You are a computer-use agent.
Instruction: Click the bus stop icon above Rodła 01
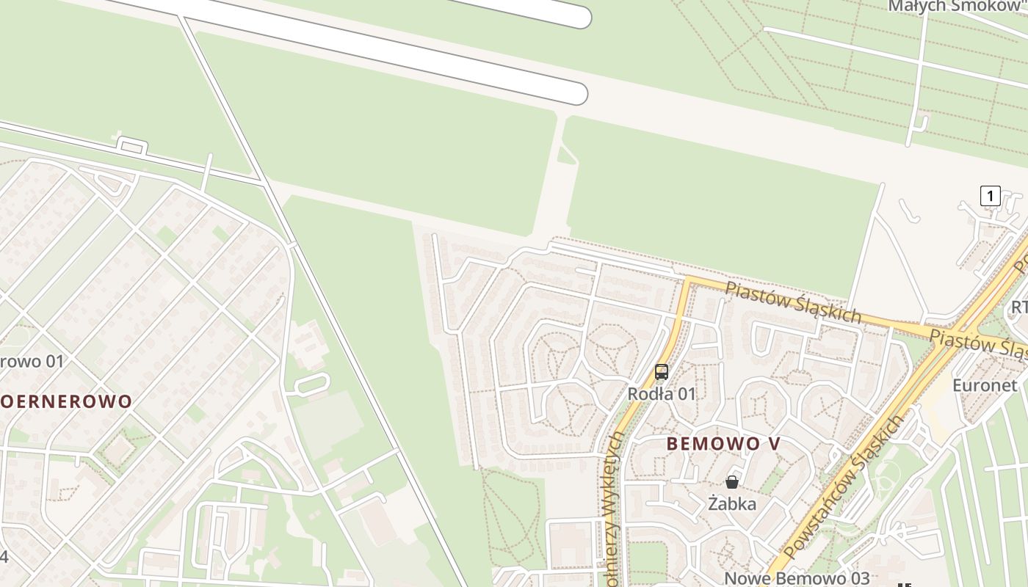coord(662,372)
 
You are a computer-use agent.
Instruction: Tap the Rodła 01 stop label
coord(661,394)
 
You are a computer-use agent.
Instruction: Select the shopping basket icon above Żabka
coord(732,482)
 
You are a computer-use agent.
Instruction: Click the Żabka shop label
coord(732,504)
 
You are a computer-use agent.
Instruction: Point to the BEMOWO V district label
coord(723,444)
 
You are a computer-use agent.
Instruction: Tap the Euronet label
coord(985,386)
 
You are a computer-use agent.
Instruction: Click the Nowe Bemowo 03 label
coord(797,578)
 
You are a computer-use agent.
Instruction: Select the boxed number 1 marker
coord(990,196)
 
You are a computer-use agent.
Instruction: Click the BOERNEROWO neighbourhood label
coord(66,401)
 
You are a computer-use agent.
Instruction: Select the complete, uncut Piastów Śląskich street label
coord(793,302)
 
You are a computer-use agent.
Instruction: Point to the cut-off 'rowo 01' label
coord(32,362)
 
